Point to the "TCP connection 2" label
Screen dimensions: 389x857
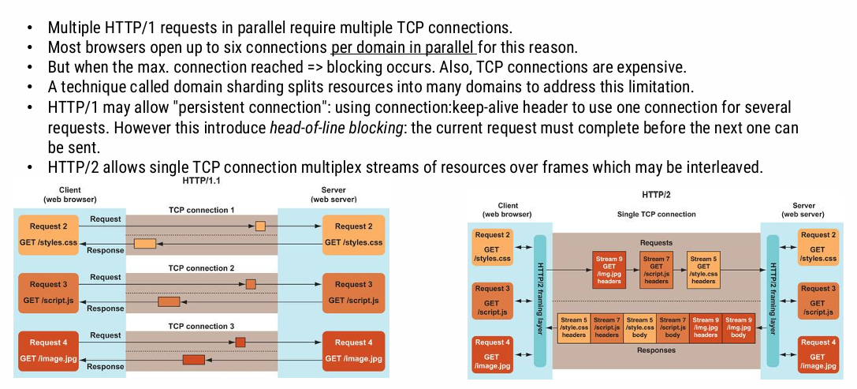click(201, 268)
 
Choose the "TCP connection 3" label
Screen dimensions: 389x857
click(201, 326)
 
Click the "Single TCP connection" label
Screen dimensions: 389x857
click(656, 214)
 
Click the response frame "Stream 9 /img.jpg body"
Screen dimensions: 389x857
click(738, 328)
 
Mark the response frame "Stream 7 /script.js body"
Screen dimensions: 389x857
click(673, 328)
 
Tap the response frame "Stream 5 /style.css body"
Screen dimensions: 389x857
click(639, 328)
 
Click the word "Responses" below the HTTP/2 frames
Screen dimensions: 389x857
click(656, 350)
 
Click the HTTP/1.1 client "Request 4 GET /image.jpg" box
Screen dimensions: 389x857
click(49, 351)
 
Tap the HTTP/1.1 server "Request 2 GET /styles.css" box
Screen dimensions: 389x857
click(353, 234)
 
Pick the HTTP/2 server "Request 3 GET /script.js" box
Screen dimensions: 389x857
click(818, 301)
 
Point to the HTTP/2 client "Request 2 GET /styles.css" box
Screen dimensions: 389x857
click(493, 246)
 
